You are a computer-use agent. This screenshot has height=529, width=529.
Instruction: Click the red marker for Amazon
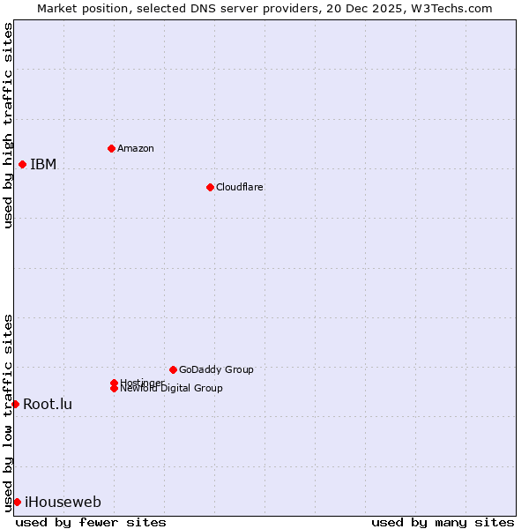(111, 148)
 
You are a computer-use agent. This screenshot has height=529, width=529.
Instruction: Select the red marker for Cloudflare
(210, 187)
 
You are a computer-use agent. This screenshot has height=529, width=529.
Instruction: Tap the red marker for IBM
(22, 164)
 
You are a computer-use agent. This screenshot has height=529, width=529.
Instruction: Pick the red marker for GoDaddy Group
(173, 369)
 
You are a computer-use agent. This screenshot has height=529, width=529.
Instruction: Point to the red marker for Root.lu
(15, 404)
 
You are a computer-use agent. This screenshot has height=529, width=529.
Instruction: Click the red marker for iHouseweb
(17, 502)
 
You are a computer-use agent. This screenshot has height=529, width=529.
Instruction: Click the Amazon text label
(136, 148)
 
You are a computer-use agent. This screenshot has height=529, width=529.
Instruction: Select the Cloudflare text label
(240, 187)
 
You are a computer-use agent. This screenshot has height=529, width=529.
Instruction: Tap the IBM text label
(43, 164)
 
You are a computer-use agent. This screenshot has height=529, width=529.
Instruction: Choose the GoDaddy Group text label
(216, 369)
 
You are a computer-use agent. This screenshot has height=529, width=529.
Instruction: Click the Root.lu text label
(48, 404)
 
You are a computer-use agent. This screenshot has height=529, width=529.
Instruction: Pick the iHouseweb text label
(63, 503)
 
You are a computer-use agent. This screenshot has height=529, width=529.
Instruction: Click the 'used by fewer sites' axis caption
(91, 522)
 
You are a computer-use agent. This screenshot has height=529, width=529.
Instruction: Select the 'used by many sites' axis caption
(443, 522)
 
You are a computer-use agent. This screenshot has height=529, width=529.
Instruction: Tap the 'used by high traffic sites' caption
(8, 125)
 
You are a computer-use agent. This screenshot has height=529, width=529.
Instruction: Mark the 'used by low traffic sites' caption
(8, 412)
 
